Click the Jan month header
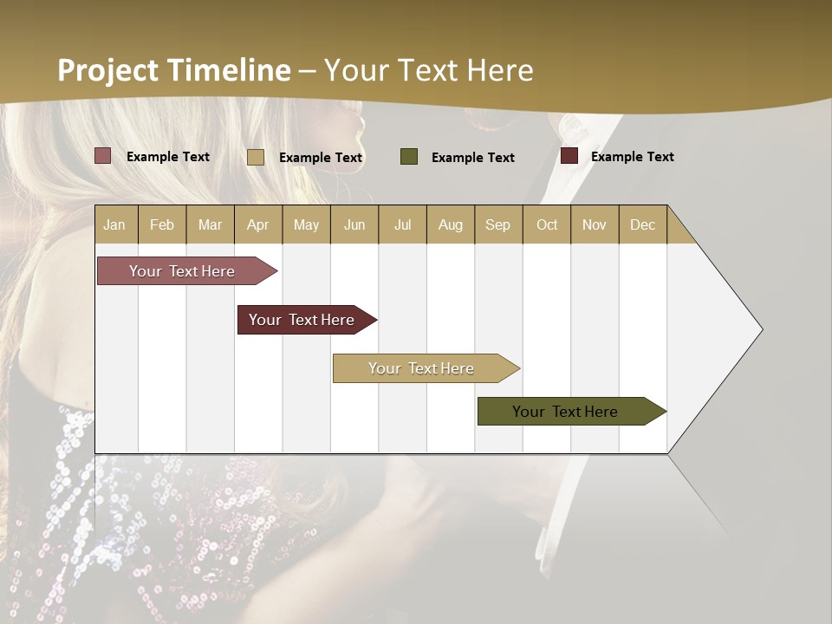pyautogui.click(x=114, y=224)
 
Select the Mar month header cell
pyautogui.click(x=210, y=224)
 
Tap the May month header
pyautogui.click(x=306, y=224)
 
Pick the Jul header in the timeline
pyautogui.click(x=402, y=224)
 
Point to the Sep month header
pyautogui.click(x=497, y=224)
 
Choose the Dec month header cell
pyautogui.click(x=642, y=224)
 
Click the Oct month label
pyautogui.click(x=547, y=224)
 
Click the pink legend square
pyautogui.click(x=102, y=156)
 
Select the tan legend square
pyautogui.click(x=255, y=157)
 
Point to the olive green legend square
pyautogui.click(x=409, y=157)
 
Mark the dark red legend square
pyautogui.click(x=569, y=156)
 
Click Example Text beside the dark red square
pyautogui.click(x=632, y=156)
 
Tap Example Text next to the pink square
pyautogui.click(x=167, y=156)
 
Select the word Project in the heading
pyautogui.click(x=107, y=70)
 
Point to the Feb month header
pyautogui.click(x=162, y=224)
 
